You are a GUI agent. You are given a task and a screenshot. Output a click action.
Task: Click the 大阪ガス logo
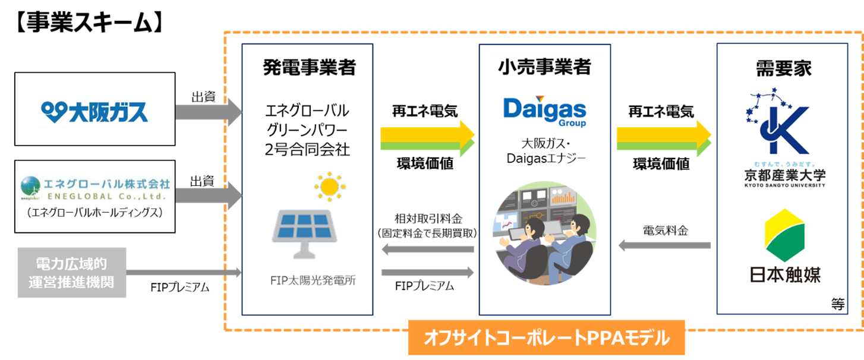pos(95,112)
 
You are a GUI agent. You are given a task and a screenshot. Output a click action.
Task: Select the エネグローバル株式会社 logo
pos(94,188)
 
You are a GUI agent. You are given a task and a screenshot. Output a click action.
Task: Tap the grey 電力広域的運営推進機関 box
pos(72,272)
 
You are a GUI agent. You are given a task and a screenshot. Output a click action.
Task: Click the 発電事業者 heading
pos(309,67)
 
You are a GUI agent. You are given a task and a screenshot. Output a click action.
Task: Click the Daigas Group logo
pos(544,112)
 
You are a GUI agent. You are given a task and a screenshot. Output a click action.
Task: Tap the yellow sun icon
pos(329,187)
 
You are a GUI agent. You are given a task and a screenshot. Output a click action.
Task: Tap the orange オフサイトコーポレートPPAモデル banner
pos(547,338)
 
